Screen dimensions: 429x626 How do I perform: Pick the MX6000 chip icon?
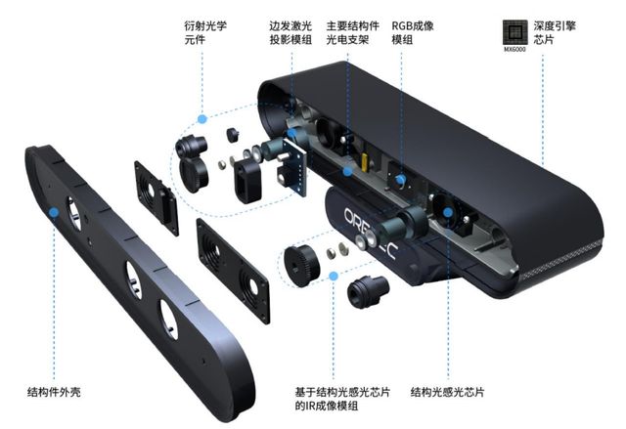click(514, 29)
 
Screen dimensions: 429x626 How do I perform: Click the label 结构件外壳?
click(54, 392)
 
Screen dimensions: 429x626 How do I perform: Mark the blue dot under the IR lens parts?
click(335, 278)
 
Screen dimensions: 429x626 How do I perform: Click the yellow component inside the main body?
click(365, 156)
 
